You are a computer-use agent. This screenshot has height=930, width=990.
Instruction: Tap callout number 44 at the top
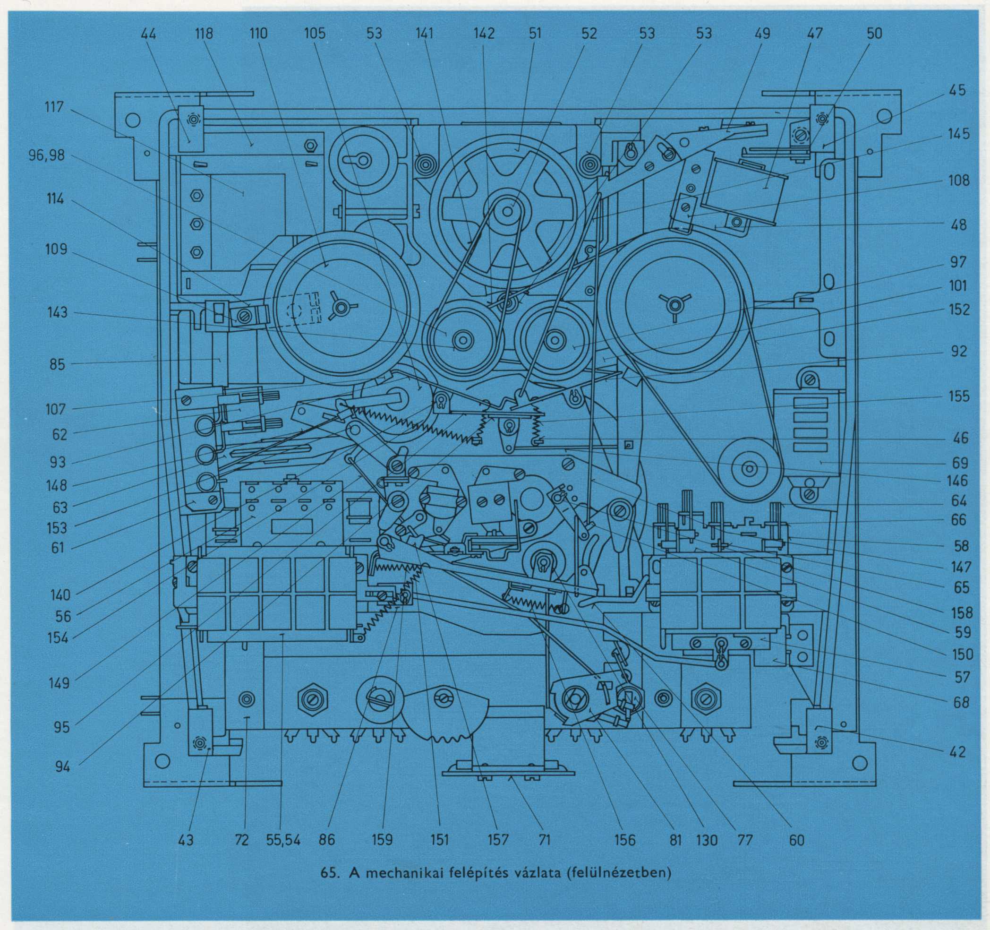coord(148,34)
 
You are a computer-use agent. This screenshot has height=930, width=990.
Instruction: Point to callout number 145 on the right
coord(958,135)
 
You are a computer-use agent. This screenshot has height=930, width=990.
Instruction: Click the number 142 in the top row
coord(484,34)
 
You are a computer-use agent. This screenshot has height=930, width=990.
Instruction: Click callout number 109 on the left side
coord(56,249)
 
